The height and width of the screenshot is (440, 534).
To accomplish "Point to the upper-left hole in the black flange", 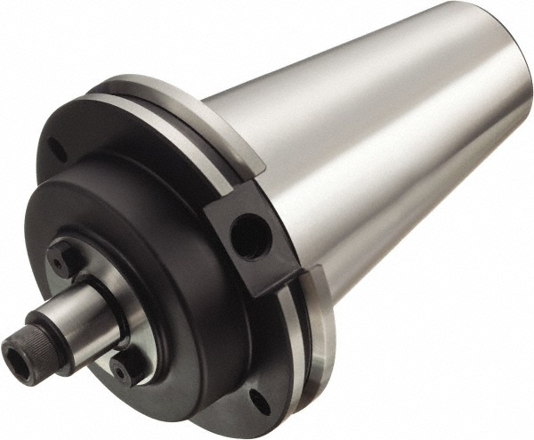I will (x=55, y=149).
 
